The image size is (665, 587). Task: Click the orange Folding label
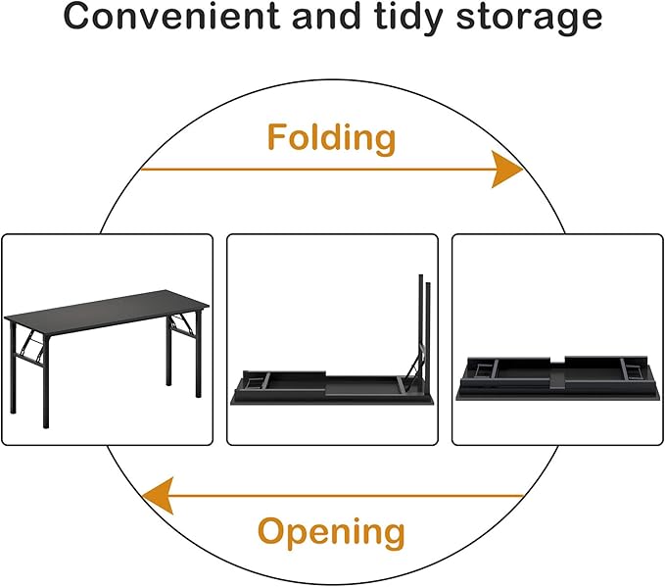(x=332, y=138)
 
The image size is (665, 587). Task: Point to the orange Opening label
(x=331, y=532)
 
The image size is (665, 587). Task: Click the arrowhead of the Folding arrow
(x=508, y=171)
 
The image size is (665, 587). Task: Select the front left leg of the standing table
(x=44, y=386)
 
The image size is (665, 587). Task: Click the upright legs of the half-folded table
(x=424, y=323)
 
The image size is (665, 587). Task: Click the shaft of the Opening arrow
(x=343, y=496)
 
